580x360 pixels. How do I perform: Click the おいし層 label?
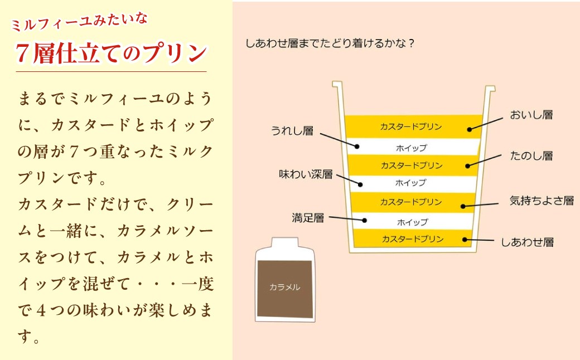(x=531, y=115)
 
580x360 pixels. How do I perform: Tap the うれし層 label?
(x=292, y=131)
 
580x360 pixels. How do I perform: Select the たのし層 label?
(x=531, y=156)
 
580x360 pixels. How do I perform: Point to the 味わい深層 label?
(x=306, y=174)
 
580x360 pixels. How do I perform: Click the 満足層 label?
(x=308, y=218)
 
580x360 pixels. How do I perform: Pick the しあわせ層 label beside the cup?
(x=527, y=242)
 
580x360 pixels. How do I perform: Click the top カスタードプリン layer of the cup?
(x=413, y=127)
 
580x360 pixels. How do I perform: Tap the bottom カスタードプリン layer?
(x=413, y=239)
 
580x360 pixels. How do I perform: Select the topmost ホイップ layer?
(x=413, y=147)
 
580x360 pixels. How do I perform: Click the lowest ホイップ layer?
(x=413, y=221)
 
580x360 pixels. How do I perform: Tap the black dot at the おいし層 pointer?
(x=470, y=129)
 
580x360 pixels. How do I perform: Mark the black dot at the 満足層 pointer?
(x=364, y=220)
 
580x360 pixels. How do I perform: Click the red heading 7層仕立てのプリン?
(x=111, y=53)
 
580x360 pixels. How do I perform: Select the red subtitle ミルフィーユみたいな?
(x=80, y=22)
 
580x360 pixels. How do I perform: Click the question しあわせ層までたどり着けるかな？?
(x=330, y=43)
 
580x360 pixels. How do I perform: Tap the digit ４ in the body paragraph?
(x=42, y=310)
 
